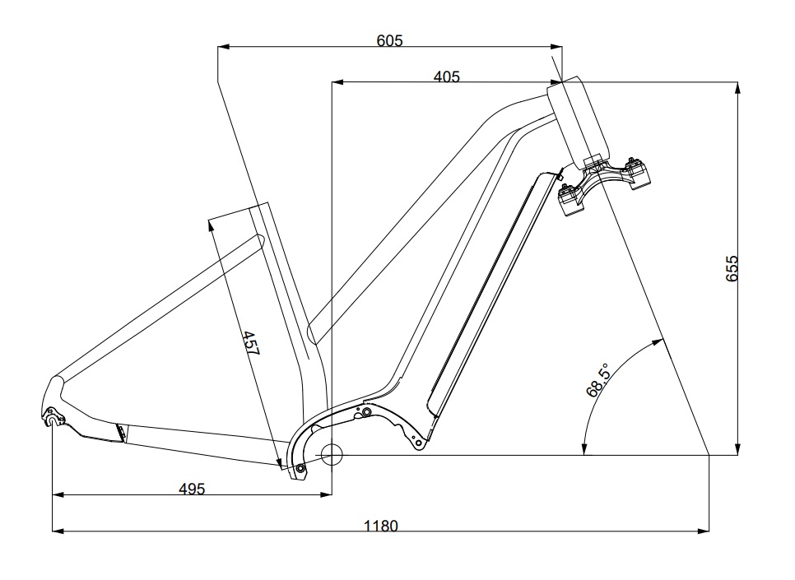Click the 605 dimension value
tap(389, 39)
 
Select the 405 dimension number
tap(446, 77)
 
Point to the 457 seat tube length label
tap(250, 343)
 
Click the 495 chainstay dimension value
tap(192, 488)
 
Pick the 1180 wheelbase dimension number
tap(381, 526)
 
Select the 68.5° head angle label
tap(597, 380)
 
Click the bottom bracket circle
tap(332, 453)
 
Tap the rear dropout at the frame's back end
tap(54, 420)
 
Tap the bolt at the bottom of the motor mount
tap(300, 469)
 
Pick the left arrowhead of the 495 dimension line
tap(58, 494)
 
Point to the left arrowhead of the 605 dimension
tap(222, 47)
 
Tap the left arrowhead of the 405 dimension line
tap(336, 82)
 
